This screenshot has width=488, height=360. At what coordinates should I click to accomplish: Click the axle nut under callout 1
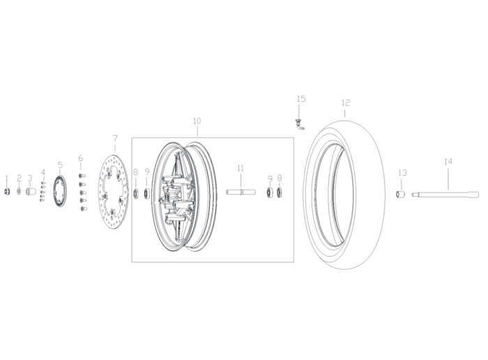pos(6,192)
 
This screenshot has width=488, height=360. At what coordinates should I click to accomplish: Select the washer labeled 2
pos(19,191)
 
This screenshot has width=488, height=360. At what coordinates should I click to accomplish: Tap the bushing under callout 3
pos(31,192)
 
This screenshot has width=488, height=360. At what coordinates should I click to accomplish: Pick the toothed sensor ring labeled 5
pos(60,191)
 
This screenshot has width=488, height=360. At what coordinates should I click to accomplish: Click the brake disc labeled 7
pos(114,191)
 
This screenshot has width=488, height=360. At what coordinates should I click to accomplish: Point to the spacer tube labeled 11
pos(241,192)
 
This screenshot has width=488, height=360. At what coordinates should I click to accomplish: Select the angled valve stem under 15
pos(300,124)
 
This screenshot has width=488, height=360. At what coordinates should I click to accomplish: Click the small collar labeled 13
pos(400,195)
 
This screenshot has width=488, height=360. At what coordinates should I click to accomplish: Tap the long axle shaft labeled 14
pos(445,195)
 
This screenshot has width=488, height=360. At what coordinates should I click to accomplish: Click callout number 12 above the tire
pos(346,103)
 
